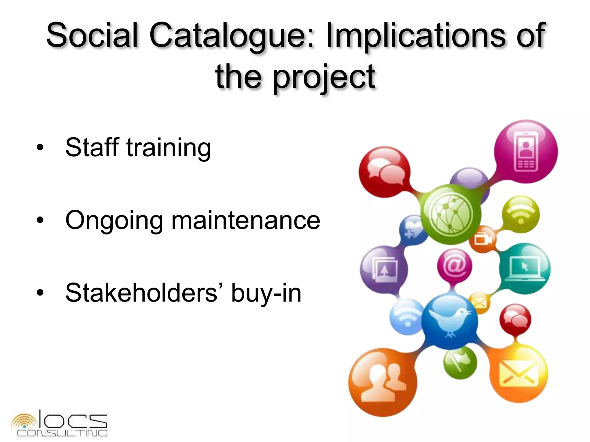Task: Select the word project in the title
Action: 324,77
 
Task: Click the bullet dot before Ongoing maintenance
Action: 40,220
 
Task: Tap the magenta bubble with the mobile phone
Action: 526,152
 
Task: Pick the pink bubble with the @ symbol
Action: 454,266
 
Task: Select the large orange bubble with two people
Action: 382,382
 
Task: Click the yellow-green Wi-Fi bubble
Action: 521,214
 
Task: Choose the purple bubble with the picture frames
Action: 384,269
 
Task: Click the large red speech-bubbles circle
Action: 384,172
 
